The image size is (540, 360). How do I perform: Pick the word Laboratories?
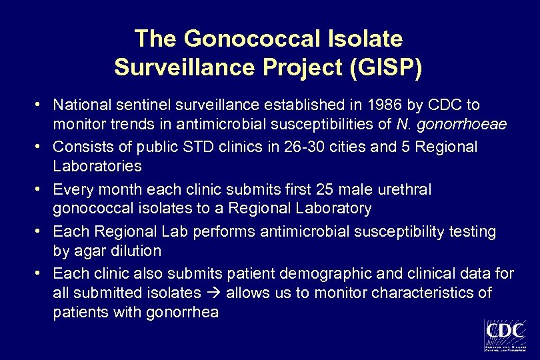(x=97, y=165)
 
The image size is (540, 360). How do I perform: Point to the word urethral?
(x=407, y=189)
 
